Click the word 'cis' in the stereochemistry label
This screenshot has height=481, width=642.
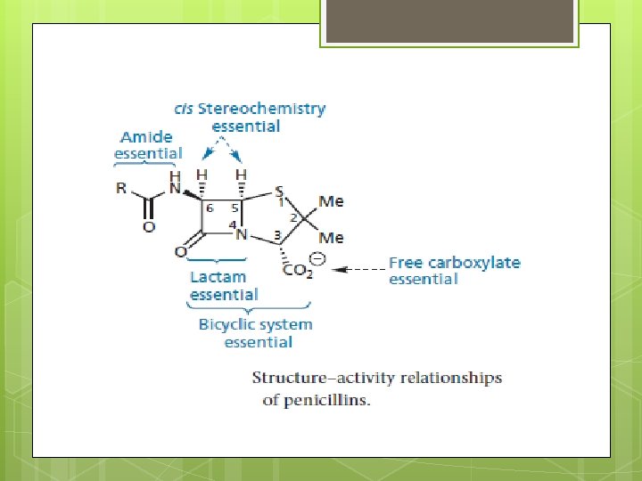click(x=184, y=109)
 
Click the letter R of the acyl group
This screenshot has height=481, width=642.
click(x=120, y=189)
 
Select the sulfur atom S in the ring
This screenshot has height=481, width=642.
click(x=280, y=192)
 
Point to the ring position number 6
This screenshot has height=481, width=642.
click(x=210, y=207)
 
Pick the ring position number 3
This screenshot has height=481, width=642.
click(x=277, y=234)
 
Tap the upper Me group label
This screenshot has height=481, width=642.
click(x=331, y=201)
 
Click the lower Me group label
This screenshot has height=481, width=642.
click(x=331, y=237)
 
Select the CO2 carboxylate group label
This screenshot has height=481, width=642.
click(x=298, y=270)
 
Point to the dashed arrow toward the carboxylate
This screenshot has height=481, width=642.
click(x=364, y=268)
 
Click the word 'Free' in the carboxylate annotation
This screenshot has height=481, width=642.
click(x=406, y=263)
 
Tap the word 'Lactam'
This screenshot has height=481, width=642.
click(x=218, y=277)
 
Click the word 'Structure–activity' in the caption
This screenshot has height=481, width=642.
click(x=312, y=379)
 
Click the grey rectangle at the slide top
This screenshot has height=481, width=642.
click(x=449, y=21)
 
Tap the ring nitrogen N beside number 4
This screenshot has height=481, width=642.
click(x=242, y=235)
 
